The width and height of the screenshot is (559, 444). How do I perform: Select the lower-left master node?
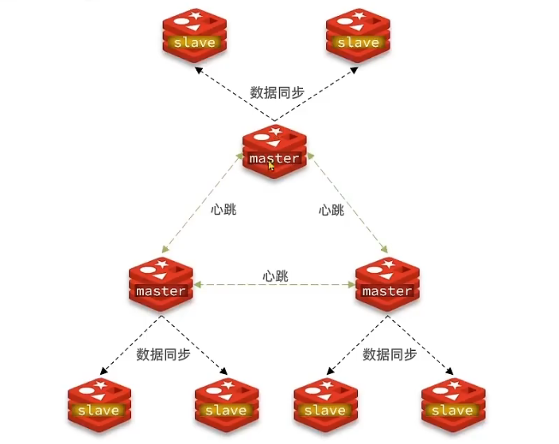point(161,284)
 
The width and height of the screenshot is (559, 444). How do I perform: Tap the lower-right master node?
point(386,284)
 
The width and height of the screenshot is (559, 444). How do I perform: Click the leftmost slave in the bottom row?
point(99,403)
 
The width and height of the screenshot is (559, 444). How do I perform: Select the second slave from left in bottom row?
point(225,403)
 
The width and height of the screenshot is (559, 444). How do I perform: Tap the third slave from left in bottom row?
point(324,403)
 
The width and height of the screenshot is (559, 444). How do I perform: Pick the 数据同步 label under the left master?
point(163,354)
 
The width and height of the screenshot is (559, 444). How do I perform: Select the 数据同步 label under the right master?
point(390,354)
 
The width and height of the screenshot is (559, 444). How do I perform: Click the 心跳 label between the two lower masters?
point(275,275)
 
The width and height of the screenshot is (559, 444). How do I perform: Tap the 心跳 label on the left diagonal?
point(223,210)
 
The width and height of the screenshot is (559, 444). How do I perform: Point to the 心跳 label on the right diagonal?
point(331,210)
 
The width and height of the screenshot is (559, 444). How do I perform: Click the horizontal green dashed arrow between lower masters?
point(274,285)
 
